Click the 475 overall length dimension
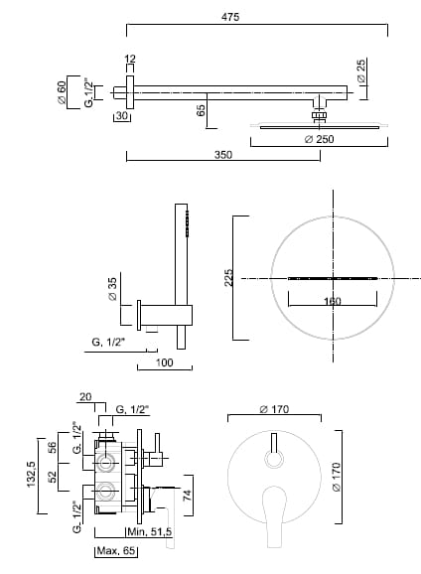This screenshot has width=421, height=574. (230, 17)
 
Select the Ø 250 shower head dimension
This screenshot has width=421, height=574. (320, 139)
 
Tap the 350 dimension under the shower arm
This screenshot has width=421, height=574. (223, 155)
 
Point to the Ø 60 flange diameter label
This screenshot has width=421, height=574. (62, 92)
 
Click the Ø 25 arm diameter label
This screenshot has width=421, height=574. (361, 71)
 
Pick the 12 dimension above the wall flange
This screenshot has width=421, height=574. (130, 59)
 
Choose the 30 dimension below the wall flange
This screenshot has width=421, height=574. (122, 115)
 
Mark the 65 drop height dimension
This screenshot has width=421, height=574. (201, 110)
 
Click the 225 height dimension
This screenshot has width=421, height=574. (228, 278)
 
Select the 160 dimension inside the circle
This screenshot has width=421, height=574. (333, 301)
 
